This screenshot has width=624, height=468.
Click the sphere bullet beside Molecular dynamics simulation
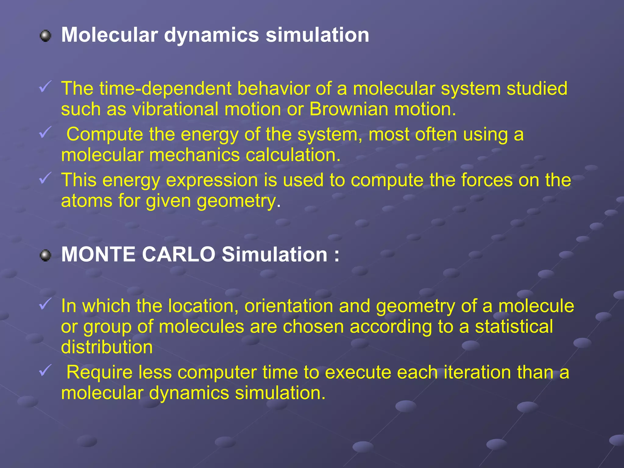(46, 36)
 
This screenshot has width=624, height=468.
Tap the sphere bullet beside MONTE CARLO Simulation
(46, 255)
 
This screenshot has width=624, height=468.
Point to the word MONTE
(98, 254)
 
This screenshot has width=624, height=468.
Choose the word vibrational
(175, 109)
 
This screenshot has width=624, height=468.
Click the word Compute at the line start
(105, 134)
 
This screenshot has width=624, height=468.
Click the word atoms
(87, 201)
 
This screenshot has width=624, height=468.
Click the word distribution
(107, 347)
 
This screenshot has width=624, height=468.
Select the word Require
(99, 372)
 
